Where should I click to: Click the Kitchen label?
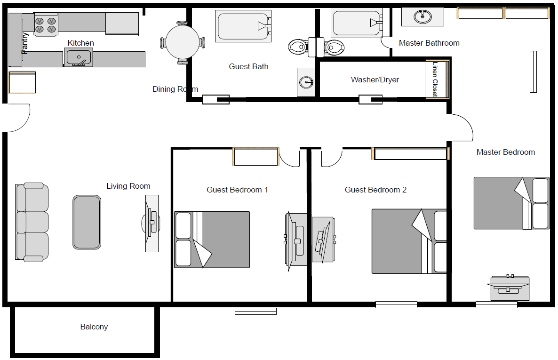click(80, 43)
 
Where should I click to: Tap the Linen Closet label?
click(435, 80)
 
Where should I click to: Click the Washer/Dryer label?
click(375, 80)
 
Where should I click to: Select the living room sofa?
click(32, 222)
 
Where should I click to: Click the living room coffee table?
click(87, 222)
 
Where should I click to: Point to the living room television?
click(151, 223)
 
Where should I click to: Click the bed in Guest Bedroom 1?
click(212, 240)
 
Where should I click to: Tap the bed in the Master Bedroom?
click(511, 203)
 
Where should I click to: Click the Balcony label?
click(94, 327)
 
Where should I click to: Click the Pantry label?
click(25, 43)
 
